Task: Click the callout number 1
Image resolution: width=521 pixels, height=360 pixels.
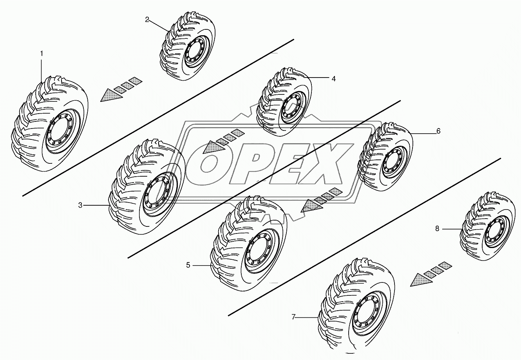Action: (x=42, y=54)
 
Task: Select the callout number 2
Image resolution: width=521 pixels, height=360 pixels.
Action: (x=147, y=20)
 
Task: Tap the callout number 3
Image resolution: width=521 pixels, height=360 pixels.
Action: (x=80, y=205)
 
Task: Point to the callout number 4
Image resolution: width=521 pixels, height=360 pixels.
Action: (x=333, y=79)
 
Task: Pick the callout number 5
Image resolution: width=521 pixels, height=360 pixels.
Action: (x=188, y=265)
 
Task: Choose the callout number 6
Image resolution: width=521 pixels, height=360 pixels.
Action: (x=438, y=131)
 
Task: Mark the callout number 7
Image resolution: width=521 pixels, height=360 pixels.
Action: (x=293, y=317)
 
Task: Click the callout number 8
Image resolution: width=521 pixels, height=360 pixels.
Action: (x=437, y=229)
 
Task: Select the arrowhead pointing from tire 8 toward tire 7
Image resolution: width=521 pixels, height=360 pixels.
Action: (x=421, y=280)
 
